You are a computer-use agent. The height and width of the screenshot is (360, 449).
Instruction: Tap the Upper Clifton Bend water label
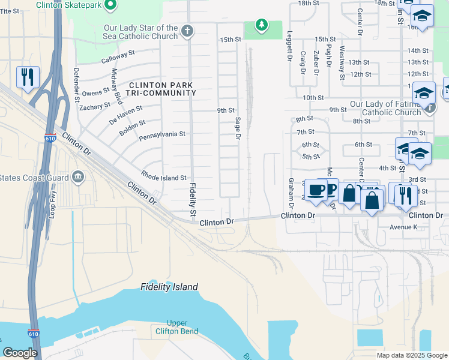(x=175, y=327)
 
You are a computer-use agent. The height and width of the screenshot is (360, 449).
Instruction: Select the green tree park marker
(x=261, y=25)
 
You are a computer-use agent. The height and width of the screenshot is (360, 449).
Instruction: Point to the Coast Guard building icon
(x=77, y=177)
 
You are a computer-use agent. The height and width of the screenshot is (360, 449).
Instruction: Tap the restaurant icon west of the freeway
(x=28, y=77)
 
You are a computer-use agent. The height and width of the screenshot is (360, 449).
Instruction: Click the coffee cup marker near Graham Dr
(x=316, y=191)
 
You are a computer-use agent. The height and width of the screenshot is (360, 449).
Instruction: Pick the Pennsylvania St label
(x=162, y=135)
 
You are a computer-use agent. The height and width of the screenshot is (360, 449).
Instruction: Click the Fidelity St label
(x=193, y=200)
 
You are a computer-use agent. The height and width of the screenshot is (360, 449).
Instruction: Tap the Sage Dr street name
(x=238, y=129)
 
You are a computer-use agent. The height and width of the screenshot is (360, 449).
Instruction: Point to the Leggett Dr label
(x=289, y=50)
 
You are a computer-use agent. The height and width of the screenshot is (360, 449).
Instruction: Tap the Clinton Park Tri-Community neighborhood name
(x=161, y=89)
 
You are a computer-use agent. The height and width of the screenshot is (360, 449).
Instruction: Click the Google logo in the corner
(x=20, y=353)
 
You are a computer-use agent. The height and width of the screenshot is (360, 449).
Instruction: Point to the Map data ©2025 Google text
(x=411, y=355)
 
